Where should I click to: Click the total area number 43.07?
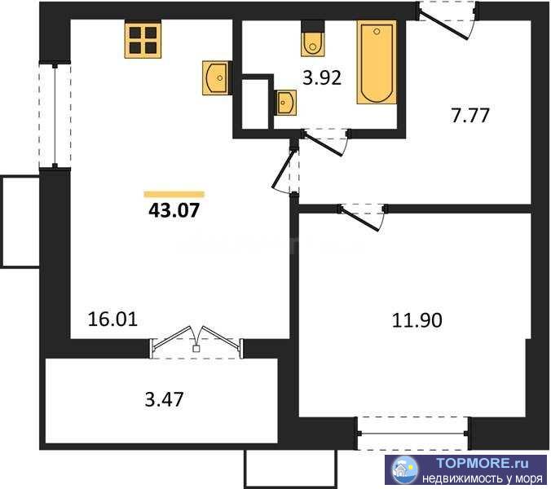(174, 211)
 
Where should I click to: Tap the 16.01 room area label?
(112, 319)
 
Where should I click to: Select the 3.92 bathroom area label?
(322, 78)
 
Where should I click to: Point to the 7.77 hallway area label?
(470, 116)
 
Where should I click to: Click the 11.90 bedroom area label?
(417, 320)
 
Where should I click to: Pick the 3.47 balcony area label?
(164, 400)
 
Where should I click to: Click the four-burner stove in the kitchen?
(143, 39)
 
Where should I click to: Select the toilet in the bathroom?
(313, 38)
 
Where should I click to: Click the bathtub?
(377, 62)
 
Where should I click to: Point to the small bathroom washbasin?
(286, 102)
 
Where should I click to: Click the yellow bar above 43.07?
(174, 194)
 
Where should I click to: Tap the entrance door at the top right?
(447, 20)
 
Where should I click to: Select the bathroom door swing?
(326, 142)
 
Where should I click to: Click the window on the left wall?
(55, 116)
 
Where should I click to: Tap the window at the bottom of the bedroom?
(413, 434)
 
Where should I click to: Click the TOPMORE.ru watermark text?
(483, 464)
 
